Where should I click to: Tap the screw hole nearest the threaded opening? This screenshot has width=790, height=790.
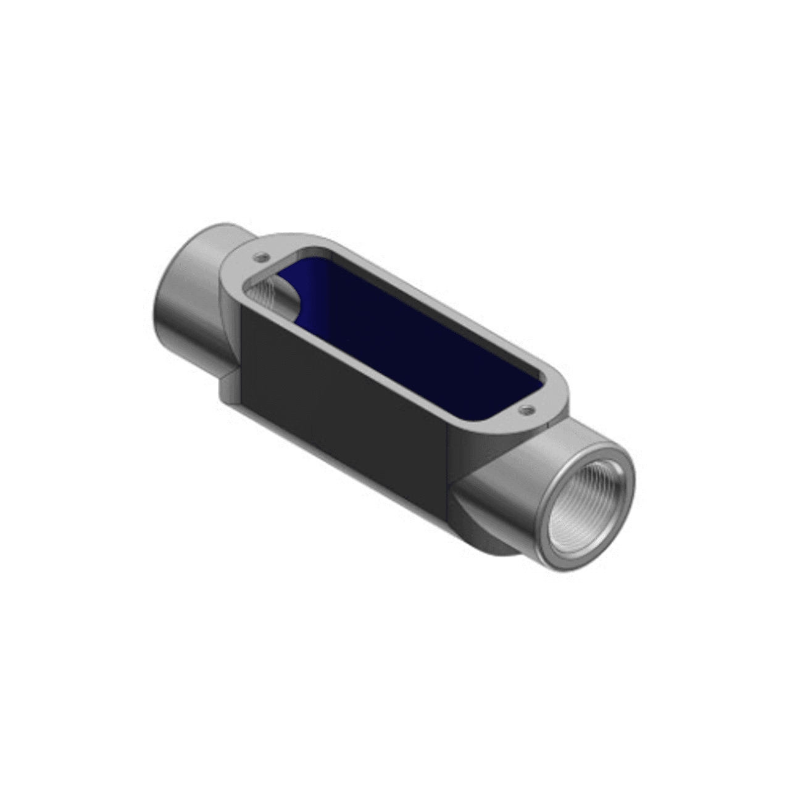(525, 409)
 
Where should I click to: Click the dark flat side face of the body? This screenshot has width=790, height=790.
(346, 401)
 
